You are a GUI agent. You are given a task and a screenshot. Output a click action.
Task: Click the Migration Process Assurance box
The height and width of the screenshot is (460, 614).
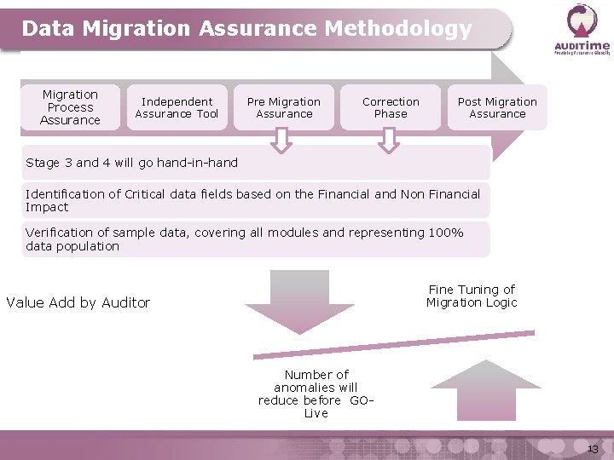click(x=70, y=107)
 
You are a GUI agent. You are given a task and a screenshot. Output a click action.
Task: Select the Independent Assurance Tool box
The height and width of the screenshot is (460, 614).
click(x=177, y=107)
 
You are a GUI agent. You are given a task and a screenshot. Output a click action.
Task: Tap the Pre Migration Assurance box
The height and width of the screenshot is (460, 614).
click(x=284, y=107)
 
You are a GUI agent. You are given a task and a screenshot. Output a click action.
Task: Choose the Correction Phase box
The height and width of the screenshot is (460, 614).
click(x=391, y=107)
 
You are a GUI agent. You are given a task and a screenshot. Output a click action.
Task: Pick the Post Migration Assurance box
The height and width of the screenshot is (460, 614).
click(x=497, y=107)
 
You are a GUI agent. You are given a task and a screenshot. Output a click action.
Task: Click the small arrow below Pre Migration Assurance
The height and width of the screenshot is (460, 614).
click(x=281, y=141)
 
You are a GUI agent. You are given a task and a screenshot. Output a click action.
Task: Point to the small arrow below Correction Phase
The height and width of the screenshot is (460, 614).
click(x=388, y=141)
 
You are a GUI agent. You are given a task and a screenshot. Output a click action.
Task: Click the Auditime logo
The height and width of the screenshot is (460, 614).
click(x=582, y=29)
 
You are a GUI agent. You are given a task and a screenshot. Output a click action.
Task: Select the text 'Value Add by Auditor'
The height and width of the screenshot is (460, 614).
click(x=78, y=302)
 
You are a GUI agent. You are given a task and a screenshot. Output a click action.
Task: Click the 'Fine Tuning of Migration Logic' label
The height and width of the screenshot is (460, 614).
click(x=472, y=296)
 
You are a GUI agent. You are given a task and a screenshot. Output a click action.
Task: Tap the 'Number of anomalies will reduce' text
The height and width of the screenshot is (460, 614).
click(x=316, y=394)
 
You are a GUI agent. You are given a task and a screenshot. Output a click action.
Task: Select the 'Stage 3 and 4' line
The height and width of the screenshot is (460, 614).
click(x=132, y=162)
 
